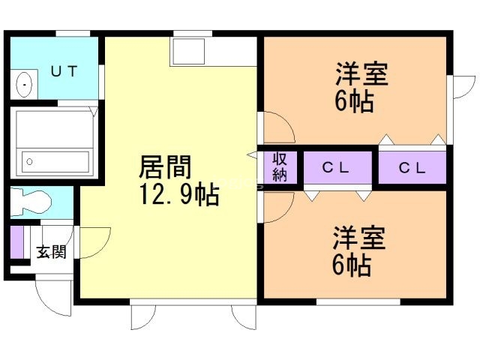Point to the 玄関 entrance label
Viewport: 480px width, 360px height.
pos(51,251)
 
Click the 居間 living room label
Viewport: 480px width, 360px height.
pos(164,166)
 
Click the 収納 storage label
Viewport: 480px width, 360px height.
pos(280,167)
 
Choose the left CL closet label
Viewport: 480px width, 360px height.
pos(336,167)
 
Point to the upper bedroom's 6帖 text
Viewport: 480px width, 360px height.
pos(353,102)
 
